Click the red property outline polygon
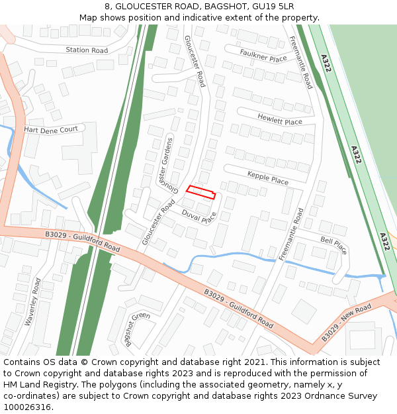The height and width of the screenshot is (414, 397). tap(200, 192)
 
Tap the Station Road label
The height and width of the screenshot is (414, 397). tap(87, 50)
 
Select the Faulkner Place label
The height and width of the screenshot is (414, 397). tap(263, 56)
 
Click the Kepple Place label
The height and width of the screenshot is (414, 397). tap(268, 179)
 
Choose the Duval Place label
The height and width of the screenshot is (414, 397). tap(199, 216)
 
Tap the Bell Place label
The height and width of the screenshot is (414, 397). tap(333, 245)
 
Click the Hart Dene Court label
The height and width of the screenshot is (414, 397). tap(51, 130)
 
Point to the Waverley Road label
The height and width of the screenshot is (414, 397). tap(33, 301)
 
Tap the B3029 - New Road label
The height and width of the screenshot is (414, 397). tap(347, 323)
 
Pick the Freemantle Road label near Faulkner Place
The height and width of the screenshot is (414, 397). tap(301, 62)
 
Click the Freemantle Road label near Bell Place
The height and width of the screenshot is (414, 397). tap(291, 234)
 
